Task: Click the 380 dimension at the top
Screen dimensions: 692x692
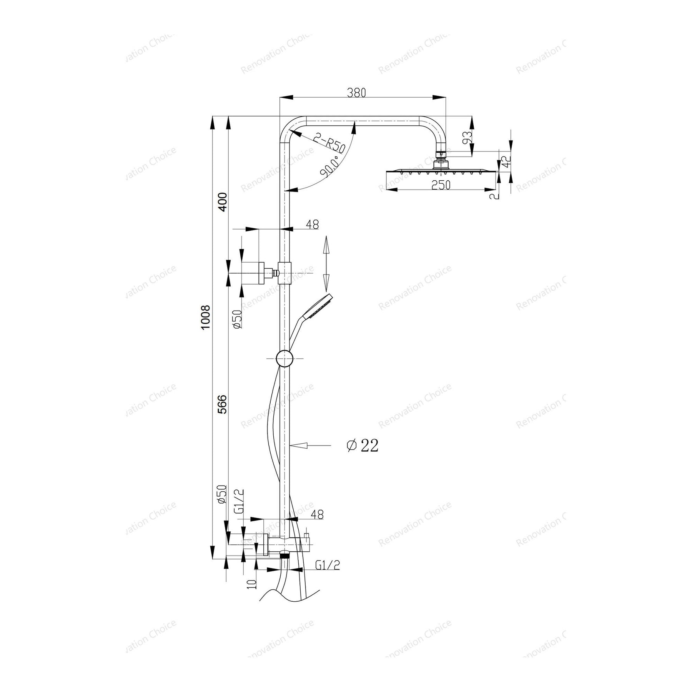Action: pyautogui.click(x=356, y=93)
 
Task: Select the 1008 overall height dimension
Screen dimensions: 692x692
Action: pyautogui.click(x=206, y=317)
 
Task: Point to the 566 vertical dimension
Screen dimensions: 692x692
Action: pyautogui.click(x=222, y=404)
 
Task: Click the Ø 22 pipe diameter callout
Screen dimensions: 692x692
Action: pyautogui.click(x=362, y=446)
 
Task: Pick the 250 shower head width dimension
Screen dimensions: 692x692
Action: pyautogui.click(x=441, y=185)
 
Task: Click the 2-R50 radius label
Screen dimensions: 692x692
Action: pyautogui.click(x=329, y=143)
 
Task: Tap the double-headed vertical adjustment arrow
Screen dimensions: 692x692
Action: pyautogui.click(x=326, y=264)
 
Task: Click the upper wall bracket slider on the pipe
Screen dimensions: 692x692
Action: pyautogui.click(x=284, y=273)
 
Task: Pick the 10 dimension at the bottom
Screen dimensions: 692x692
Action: pyautogui.click(x=252, y=583)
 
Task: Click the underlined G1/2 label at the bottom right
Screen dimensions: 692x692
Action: pyautogui.click(x=328, y=565)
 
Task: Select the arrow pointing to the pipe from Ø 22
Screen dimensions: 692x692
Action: pyautogui.click(x=309, y=446)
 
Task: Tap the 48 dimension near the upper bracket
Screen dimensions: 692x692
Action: pyautogui.click(x=313, y=225)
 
